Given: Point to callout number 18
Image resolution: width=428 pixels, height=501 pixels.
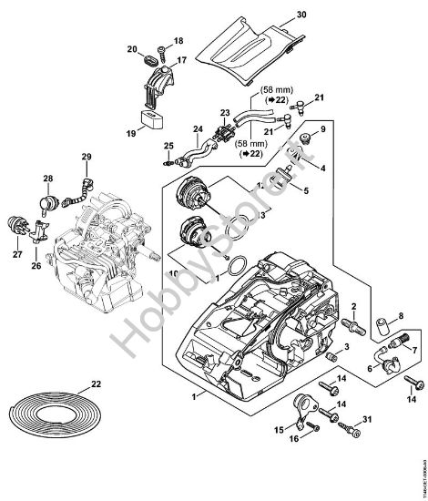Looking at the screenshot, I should pos(178,42).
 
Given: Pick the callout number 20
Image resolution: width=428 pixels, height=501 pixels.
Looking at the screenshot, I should pos(131,49).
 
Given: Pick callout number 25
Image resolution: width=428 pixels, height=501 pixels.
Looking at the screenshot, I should pos(168,146).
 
